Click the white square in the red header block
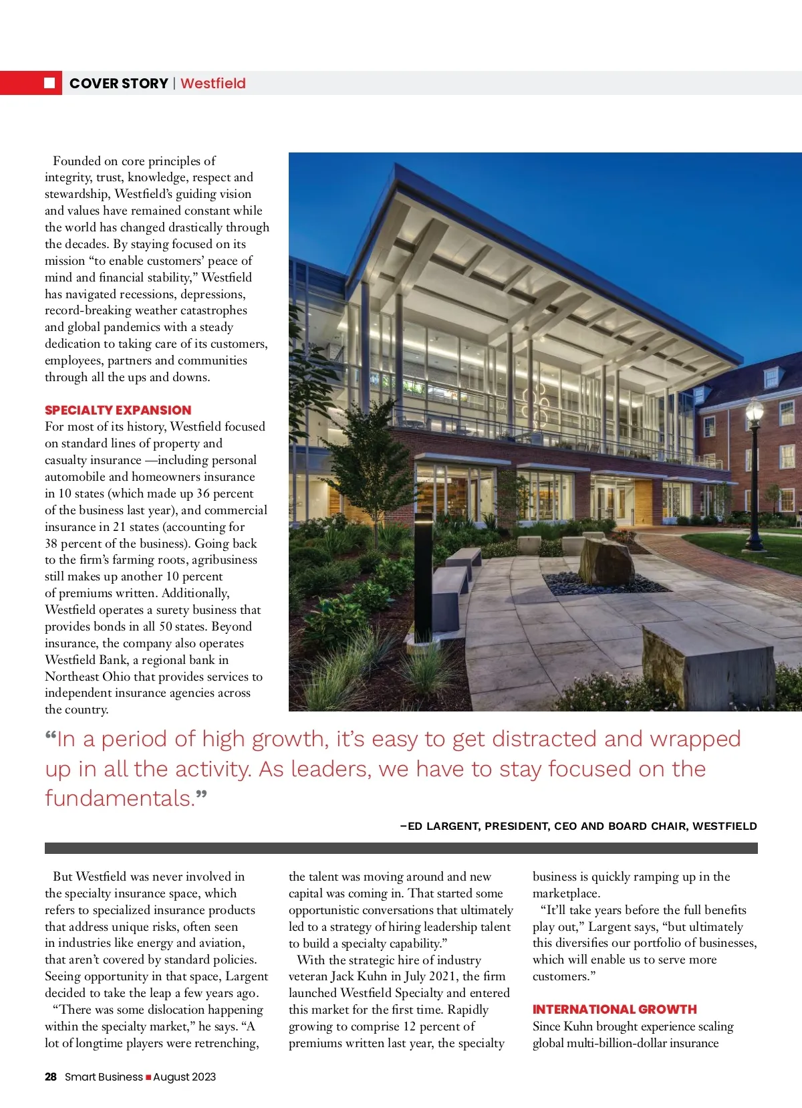pos(49,83)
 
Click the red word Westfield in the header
pos(213,84)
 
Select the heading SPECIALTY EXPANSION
pos(118,410)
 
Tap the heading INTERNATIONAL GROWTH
pos(614,1009)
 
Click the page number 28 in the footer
pos(51,1077)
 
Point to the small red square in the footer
pos(148,1077)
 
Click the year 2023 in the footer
pos(203,1077)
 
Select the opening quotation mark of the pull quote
pos(51,737)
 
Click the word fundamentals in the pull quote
pos(118,798)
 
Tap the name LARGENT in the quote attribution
pos(451,826)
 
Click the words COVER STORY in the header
pos(118,84)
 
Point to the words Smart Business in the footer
pos(104,1077)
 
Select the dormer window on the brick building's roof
pos(772,376)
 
